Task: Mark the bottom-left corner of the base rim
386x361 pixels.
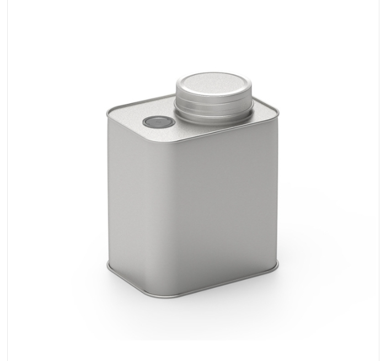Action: (110, 269)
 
